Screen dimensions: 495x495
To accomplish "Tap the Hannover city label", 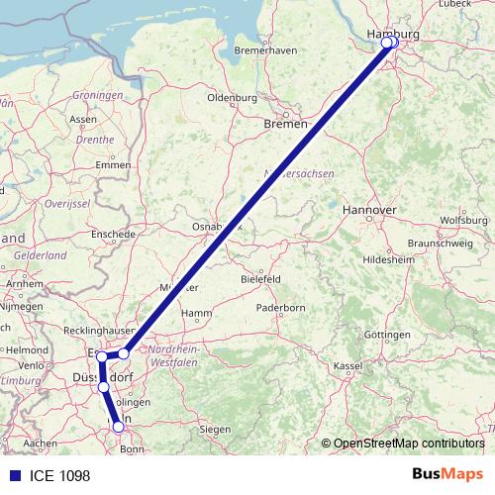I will click(368, 211).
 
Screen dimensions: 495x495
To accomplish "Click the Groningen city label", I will click(98, 95).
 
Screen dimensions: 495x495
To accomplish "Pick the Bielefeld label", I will click(261, 279).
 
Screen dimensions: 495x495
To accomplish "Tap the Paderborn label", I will click(281, 308).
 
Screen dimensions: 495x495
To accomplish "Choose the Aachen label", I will click(41, 443).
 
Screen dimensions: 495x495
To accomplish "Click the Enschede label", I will click(112, 233).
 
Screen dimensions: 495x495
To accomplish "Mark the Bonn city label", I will click(133, 449).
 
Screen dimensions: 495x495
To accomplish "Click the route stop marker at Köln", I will click(119, 427).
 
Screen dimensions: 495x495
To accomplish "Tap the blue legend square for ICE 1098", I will click(10, 474).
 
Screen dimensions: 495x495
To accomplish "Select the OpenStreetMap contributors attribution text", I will click(408, 444).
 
